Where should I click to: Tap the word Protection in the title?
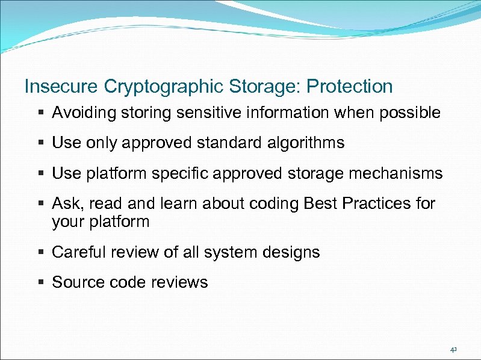point(349,87)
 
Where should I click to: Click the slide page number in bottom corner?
point(453,349)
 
